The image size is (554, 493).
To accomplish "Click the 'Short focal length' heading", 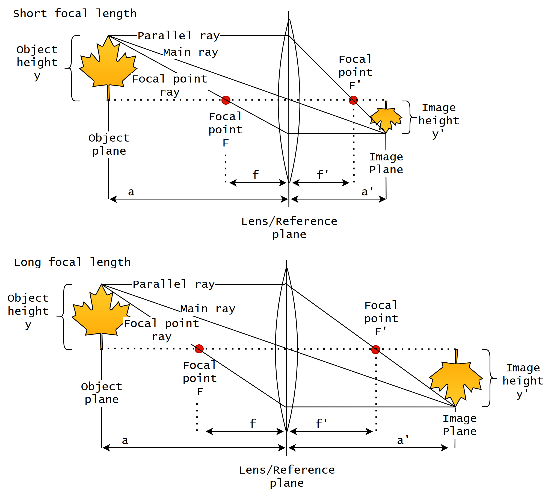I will pos(75,14).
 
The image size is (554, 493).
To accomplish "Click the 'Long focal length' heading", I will pos(72,262).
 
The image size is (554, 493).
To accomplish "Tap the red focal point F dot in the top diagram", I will pos(226,100).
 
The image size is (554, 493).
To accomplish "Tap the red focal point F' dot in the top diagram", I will pos(353,100).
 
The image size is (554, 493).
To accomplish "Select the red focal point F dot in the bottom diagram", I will pos(199,349).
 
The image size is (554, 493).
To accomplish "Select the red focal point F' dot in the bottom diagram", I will pos(375,349).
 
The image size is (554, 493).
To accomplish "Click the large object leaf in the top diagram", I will pos(108,66).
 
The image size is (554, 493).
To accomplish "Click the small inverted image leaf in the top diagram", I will pos(386,119).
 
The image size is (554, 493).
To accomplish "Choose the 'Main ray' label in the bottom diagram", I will pos(208,309).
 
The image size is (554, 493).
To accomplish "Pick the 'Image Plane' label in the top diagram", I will pos(386,163).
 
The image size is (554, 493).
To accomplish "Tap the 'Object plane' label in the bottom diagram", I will pos(102,393).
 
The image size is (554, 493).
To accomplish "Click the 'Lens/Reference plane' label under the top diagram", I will pos(289,228).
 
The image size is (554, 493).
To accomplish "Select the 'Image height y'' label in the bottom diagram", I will pos(523,381).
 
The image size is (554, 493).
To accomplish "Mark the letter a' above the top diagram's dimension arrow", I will pos(367,192).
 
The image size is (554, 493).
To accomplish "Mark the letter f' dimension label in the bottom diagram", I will pos(321,423).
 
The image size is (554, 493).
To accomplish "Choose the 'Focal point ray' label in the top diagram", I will pos(170,85).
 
